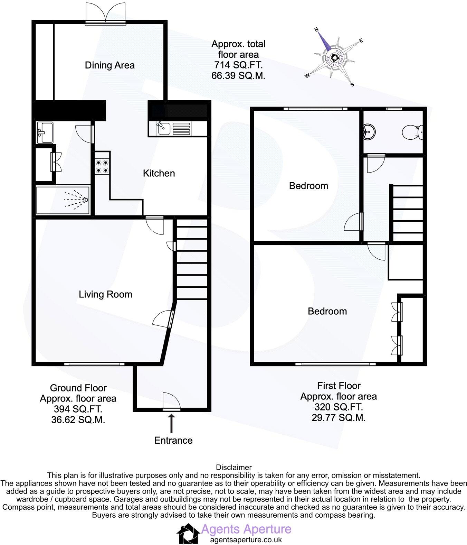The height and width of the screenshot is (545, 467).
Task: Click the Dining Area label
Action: click(109, 65)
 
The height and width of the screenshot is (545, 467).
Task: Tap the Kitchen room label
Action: click(159, 173)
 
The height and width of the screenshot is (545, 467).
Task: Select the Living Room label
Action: click(105, 294)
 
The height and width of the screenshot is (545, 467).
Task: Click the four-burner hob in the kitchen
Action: click(103, 166)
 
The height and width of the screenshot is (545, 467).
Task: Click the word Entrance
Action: click(173, 440)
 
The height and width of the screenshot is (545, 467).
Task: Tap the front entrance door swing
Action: click(172, 401)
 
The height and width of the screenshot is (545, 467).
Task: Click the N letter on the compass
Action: click(315, 30)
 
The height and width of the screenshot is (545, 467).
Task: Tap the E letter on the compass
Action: click(361, 40)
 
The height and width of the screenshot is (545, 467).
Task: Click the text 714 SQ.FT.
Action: click(238, 65)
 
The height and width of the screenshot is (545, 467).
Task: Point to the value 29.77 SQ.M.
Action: click(338, 417)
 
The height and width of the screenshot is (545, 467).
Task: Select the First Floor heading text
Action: click(339, 386)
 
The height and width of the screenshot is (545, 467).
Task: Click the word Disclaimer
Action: click(233, 468)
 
